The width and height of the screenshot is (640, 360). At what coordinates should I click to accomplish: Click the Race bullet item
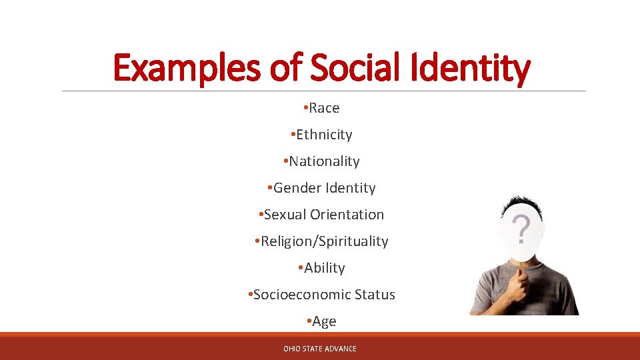(x=324, y=108)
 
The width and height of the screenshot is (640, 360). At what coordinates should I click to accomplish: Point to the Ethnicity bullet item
(x=324, y=135)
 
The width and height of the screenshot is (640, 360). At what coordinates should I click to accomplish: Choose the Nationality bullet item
(x=324, y=161)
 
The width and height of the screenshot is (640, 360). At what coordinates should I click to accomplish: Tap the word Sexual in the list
(x=285, y=215)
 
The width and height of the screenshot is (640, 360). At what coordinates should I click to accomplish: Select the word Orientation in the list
(x=347, y=215)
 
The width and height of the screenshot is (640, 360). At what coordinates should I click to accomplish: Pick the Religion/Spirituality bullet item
(x=324, y=241)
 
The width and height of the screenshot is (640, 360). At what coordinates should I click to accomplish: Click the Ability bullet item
(x=324, y=268)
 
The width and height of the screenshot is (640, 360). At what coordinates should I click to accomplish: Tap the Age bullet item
(x=324, y=321)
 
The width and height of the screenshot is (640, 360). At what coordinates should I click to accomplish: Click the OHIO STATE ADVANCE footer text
(x=320, y=349)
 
